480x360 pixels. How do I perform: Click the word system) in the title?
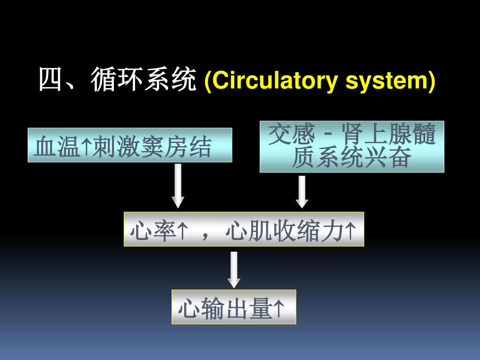(x=390, y=81)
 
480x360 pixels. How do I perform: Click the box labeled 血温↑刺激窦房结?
(x=130, y=145)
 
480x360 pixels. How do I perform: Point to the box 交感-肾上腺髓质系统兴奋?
(x=352, y=147)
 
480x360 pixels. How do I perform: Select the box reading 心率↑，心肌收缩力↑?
(x=244, y=229)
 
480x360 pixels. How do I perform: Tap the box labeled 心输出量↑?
(x=234, y=307)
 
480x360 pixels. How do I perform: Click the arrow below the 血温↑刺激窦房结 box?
(x=178, y=186)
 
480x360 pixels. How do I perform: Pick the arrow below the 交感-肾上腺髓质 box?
(x=302, y=191)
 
